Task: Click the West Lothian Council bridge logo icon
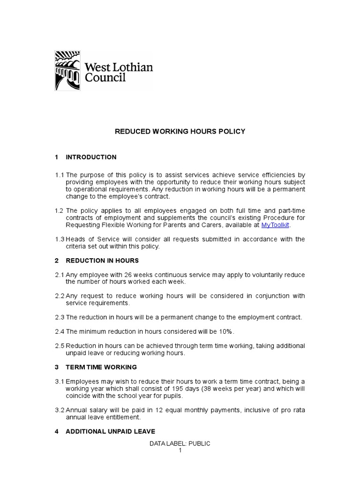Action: pos(67,71)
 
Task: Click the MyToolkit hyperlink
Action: pos(275,225)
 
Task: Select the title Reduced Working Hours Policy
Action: pos(180,132)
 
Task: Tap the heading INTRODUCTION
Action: pos(91,157)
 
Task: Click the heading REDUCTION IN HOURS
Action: pos(102,260)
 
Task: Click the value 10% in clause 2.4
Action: pos(225,331)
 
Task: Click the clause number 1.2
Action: pos(60,211)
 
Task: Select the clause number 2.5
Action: pos(60,345)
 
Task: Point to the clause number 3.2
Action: pos(60,410)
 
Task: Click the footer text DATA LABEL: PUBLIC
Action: pos(180,443)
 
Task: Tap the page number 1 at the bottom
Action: pos(180,450)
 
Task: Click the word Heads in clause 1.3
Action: pos(75,239)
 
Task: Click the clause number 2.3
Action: pos(60,317)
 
